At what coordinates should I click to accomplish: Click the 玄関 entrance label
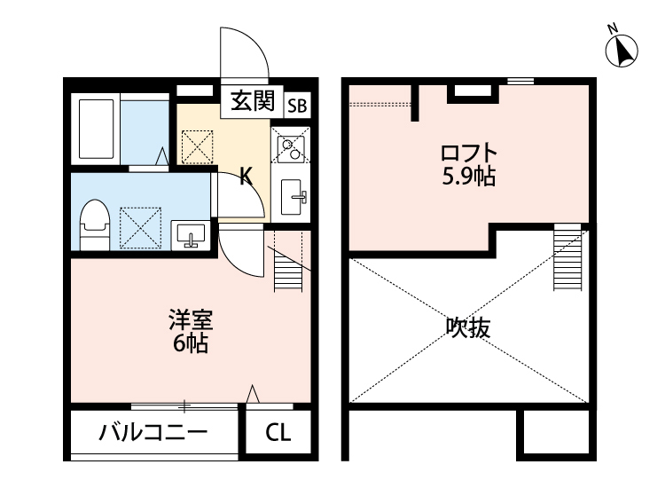253,101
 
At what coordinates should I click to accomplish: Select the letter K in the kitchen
246,177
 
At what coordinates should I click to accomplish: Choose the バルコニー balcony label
153,434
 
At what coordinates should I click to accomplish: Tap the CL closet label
278,434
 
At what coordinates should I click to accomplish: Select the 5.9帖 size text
469,177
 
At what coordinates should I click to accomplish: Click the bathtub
98,130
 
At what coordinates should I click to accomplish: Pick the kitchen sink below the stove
292,196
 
